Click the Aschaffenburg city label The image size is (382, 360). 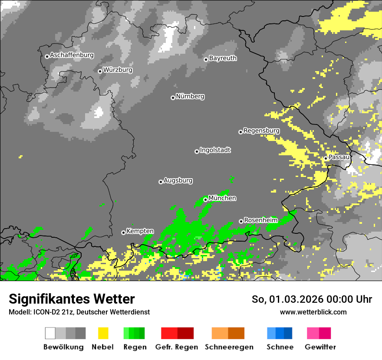click(x=72, y=56)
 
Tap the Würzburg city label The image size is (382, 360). click(x=118, y=70)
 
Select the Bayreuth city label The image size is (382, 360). click(x=223, y=58)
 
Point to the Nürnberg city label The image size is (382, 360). click(x=190, y=97)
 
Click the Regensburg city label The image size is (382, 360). click(x=261, y=131)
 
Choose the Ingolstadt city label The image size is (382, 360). click(x=215, y=151)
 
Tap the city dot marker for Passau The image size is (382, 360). click(x=326, y=158)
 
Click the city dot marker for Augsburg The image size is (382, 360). click(x=161, y=182)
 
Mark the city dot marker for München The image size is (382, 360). click(x=206, y=200)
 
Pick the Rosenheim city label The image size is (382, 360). click(x=260, y=220)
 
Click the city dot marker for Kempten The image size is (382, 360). click(x=123, y=232)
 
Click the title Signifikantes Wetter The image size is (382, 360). click(x=72, y=299)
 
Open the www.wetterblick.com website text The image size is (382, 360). click(x=313, y=312)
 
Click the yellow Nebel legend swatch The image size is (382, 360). click(x=103, y=333)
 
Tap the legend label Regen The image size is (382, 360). click(x=135, y=347)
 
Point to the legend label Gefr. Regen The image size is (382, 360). click(x=176, y=347)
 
